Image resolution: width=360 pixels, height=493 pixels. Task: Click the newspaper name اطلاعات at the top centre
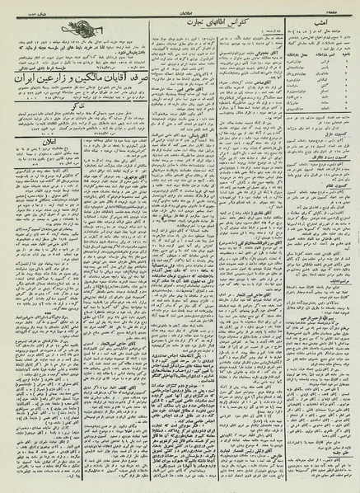pyautogui.click(x=180, y=9)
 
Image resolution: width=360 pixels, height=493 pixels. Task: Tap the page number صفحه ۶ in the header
pyautogui.click(x=342, y=9)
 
